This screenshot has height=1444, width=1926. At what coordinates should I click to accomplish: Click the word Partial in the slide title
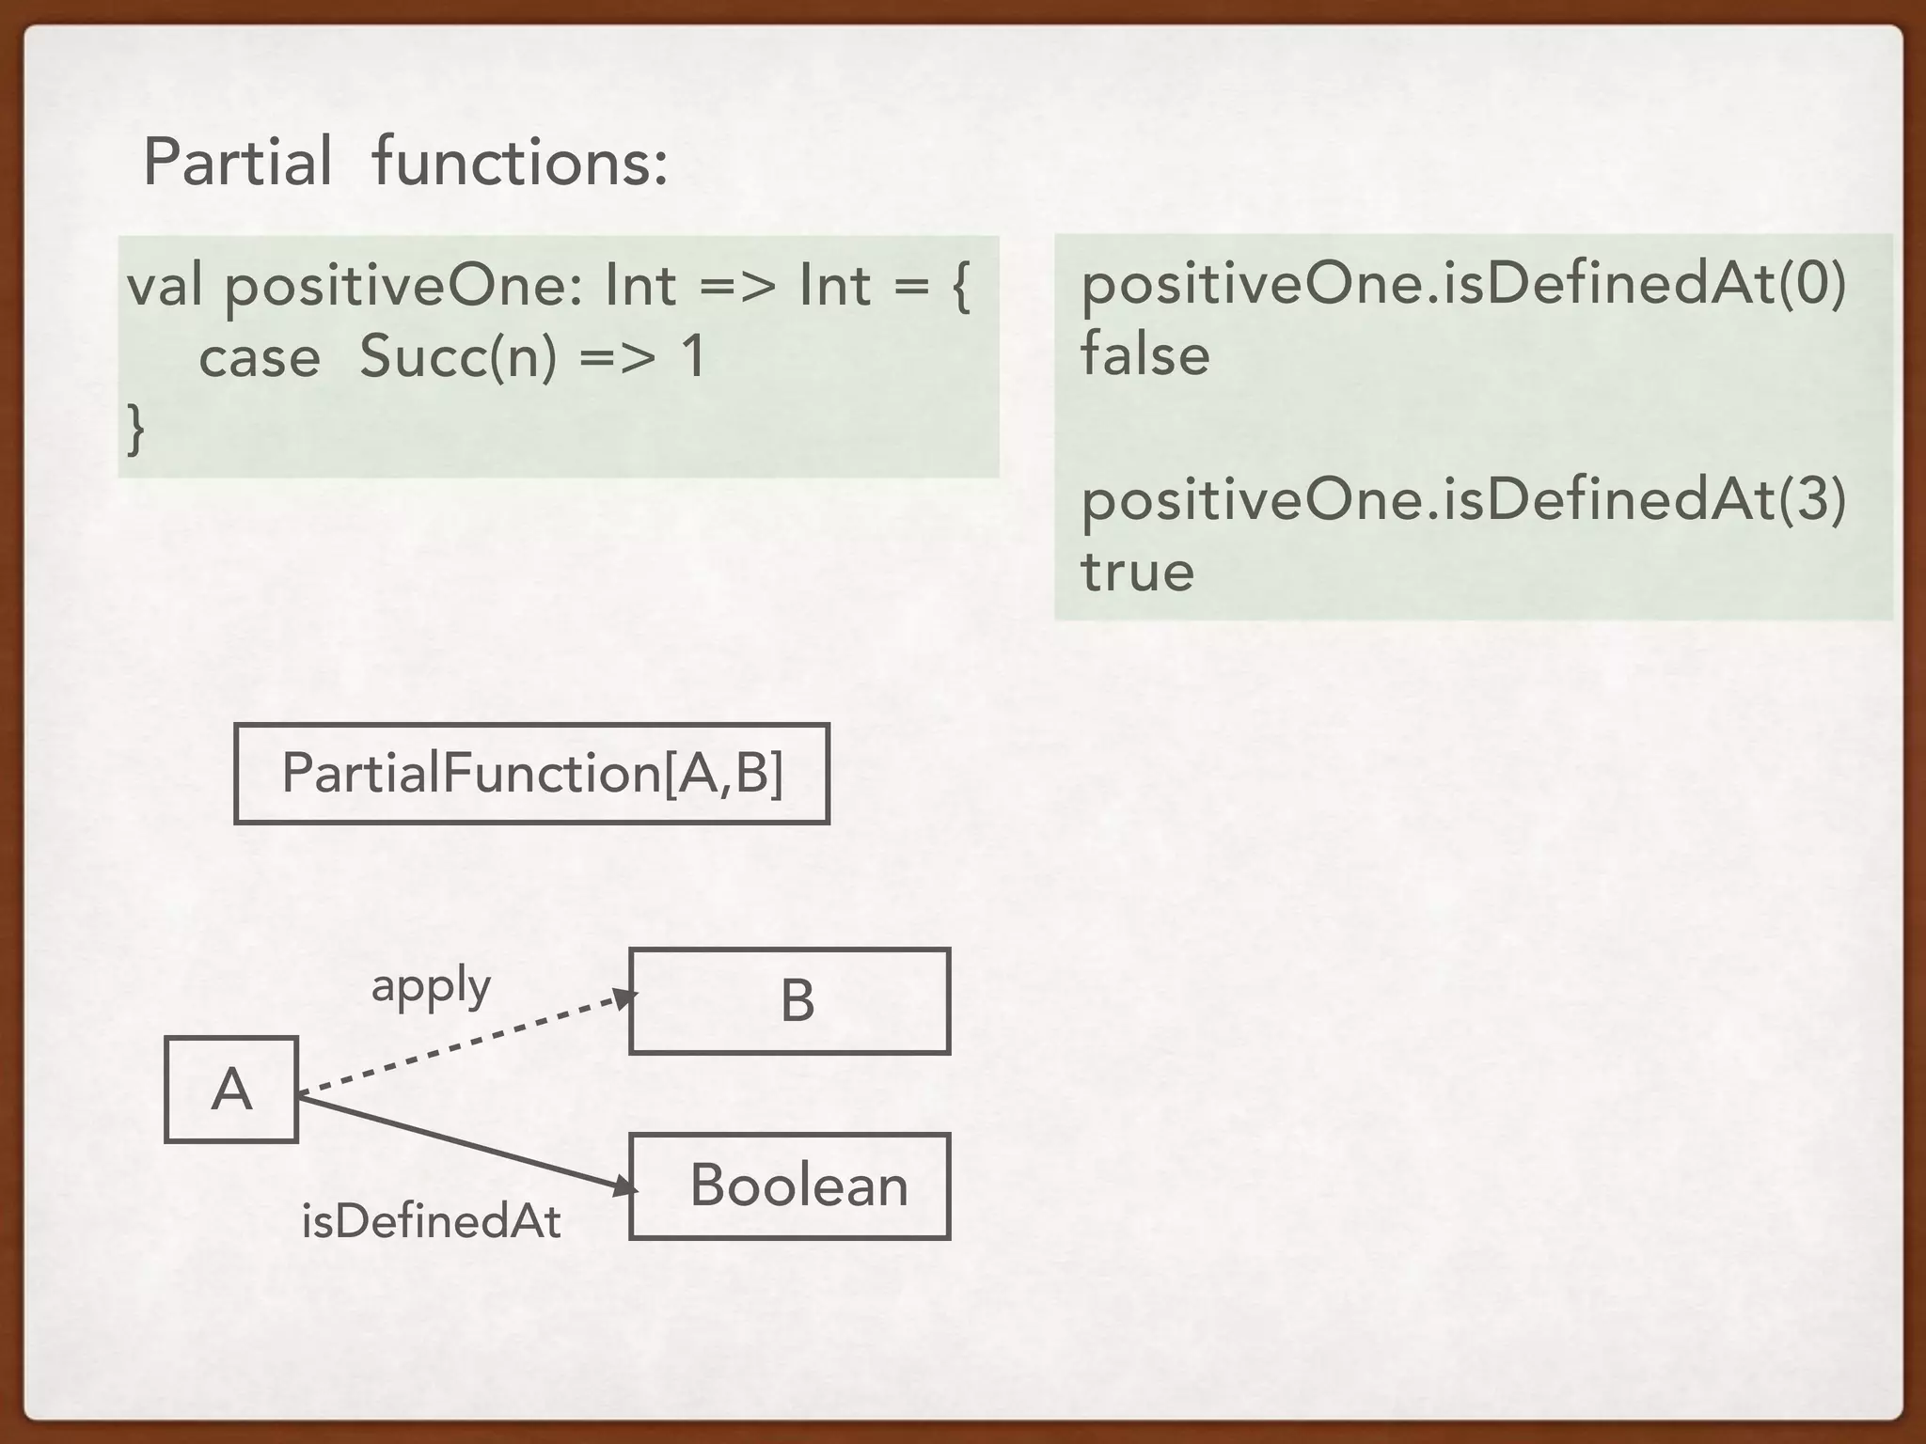click(x=237, y=163)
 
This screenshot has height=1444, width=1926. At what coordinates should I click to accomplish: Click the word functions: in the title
click(x=520, y=163)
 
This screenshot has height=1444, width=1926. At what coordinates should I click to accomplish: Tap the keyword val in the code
click(x=165, y=285)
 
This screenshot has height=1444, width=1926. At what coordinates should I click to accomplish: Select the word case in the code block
click(x=260, y=358)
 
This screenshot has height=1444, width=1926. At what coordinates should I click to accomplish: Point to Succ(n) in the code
click(x=458, y=358)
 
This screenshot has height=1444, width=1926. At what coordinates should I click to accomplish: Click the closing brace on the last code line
click(x=136, y=429)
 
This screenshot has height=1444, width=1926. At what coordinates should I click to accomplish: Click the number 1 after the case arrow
click(x=692, y=357)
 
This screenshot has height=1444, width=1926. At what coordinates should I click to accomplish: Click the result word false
click(x=1145, y=354)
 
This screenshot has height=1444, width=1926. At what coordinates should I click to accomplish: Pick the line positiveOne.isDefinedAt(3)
click(x=1463, y=499)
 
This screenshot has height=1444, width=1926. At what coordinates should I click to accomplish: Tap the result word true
click(x=1137, y=572)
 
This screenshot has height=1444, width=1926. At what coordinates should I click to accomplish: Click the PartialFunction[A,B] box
click(x=531, y=774)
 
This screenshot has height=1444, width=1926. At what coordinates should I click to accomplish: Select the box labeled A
click(x=231, y=1090)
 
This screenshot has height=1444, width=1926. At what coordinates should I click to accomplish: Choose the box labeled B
click(x=789, y=1001)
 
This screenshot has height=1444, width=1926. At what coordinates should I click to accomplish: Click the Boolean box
click(x=789, y=1186)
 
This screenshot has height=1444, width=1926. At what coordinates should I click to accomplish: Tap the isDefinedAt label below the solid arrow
click(x=431, y=1222)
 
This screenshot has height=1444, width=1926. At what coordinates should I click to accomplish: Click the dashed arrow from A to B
click(x=466, y=1044)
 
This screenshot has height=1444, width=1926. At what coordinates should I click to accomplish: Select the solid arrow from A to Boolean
click(x=466, y=1143)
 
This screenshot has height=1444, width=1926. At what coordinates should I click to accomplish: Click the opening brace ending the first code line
click(x=960, y=287)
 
